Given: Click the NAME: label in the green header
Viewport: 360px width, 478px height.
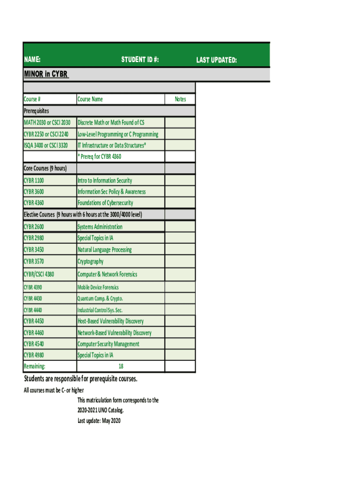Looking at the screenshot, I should [32, 60].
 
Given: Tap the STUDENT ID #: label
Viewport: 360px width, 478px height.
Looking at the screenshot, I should [140, 60].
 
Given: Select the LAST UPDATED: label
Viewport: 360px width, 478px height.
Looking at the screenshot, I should [216, 60].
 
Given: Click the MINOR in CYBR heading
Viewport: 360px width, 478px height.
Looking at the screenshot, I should [46, 74].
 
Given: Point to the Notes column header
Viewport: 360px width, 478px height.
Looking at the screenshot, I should [180, 99].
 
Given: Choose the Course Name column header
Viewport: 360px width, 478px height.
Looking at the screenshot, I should [90, 99].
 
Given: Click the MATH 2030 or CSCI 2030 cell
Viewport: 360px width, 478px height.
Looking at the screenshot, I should [47, 122].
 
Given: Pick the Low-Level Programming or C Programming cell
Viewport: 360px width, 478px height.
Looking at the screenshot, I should [118, 134].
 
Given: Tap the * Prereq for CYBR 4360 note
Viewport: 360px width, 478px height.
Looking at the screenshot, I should [99, 156].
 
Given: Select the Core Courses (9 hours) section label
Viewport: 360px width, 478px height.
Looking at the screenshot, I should [45, 168].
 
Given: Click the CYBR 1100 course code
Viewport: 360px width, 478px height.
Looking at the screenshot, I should [34, 180].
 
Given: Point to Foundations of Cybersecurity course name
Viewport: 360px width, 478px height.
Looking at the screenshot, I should [105, 203].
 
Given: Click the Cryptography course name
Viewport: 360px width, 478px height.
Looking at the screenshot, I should [91, 261].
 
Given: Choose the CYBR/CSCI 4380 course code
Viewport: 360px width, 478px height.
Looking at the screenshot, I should [39, 274].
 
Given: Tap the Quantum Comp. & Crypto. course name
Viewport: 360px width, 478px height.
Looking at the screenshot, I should [100, 299].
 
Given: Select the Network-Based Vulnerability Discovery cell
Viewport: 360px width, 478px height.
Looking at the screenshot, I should [115, 333].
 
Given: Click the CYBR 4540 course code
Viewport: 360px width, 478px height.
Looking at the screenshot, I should [34, 344].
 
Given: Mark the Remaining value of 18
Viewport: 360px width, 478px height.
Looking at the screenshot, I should [121, 367].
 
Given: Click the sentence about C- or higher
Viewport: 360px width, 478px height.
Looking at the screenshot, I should [54, 390].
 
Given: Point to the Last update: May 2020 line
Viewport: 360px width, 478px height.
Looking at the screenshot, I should [99, 421].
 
